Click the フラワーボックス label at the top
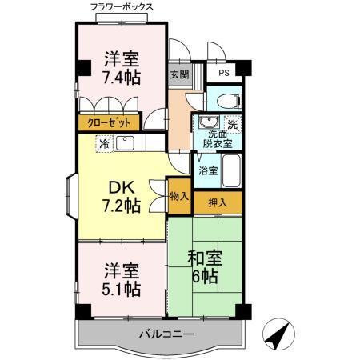click(122, 6)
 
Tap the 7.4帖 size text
click(122, 78)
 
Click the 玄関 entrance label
click(178, 75)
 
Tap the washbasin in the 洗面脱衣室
click(210, 123)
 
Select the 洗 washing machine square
click(231, 124)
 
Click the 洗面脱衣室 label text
click(216, 140)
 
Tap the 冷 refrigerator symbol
click(104, 145)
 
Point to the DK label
click(122, 187)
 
